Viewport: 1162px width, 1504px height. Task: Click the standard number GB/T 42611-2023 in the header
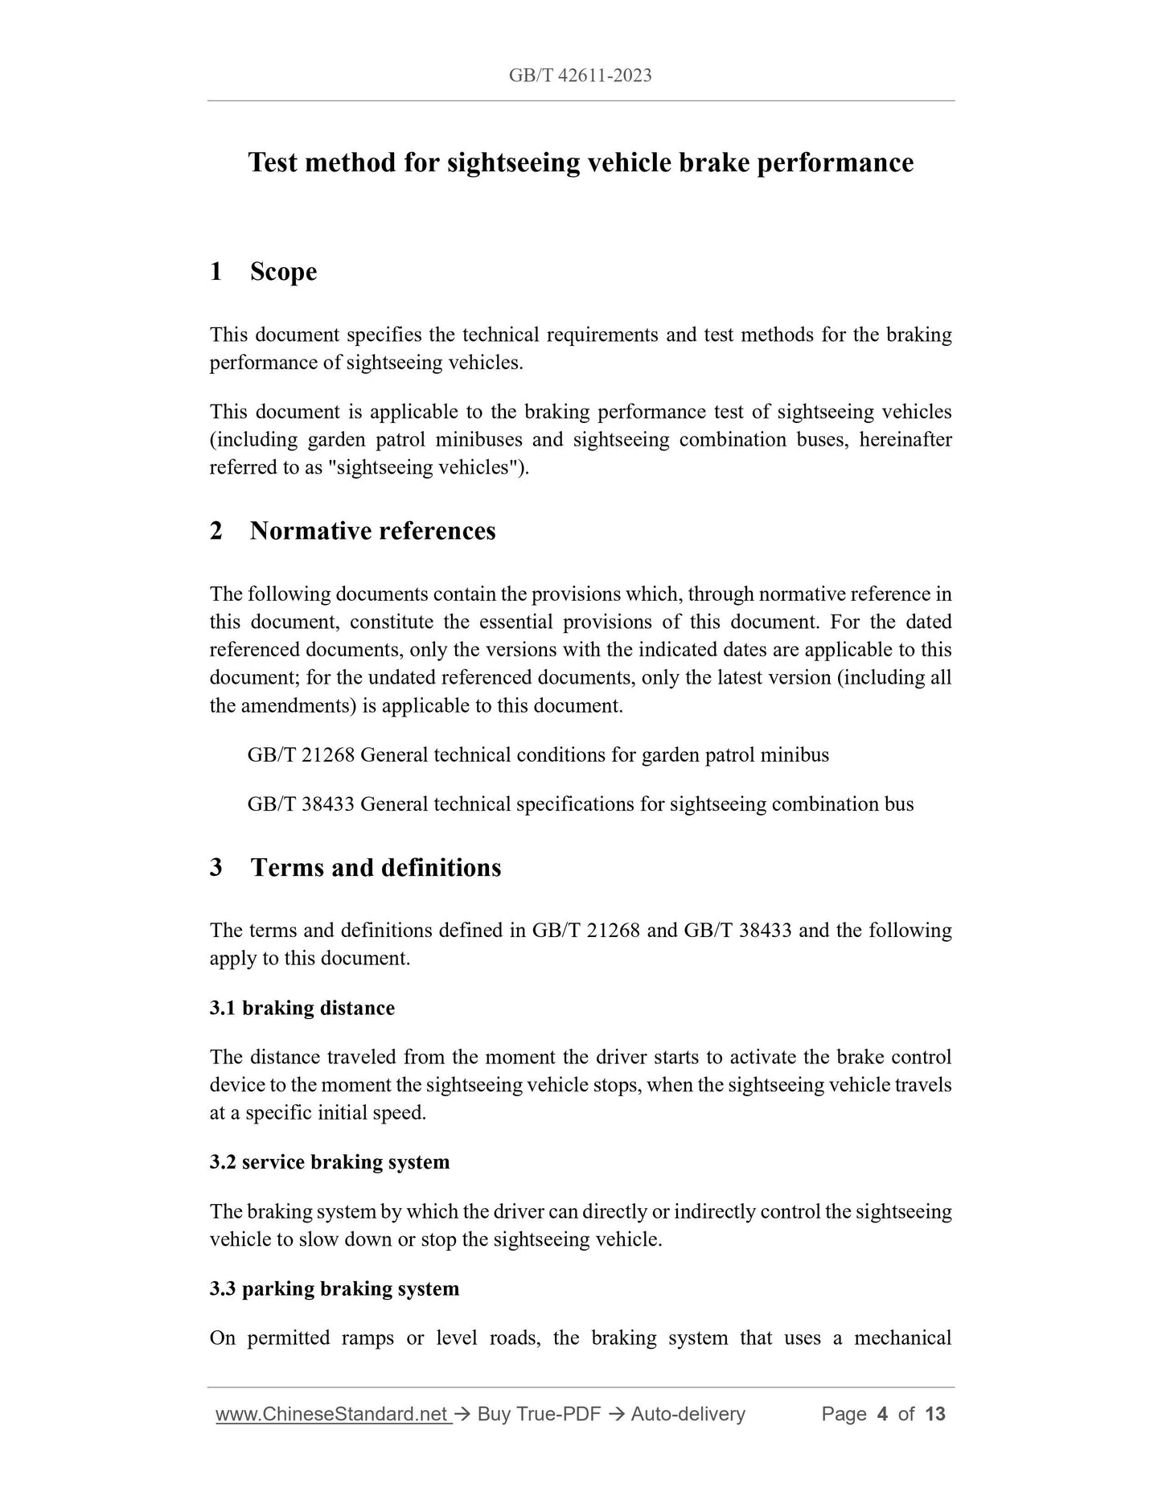(580, 76)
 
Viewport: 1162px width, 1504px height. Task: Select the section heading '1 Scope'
(263, 272)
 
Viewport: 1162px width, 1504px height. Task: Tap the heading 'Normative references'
(372, 531)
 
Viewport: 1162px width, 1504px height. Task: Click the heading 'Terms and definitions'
(376, 868)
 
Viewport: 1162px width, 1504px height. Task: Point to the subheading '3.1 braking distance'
(302, 1008)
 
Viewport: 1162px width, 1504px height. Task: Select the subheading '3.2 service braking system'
(330, 1162)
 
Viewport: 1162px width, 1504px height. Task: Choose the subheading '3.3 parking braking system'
(335, 1288)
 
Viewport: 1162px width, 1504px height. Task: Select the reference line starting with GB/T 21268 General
(538, 755)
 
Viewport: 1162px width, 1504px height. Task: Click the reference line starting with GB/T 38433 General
(580, 804)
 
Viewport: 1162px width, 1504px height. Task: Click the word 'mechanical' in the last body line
(902, 1338)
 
